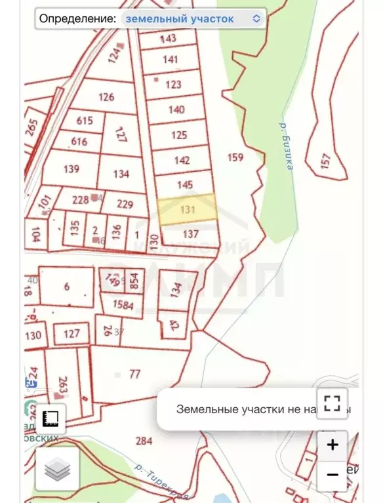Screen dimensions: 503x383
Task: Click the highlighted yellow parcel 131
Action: pyautogui.click(x=188, y=210)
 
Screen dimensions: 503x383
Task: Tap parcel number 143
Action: pyautogui.click(x=169, y=39)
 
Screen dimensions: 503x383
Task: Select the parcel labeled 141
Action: pyautogui.click(x=171, y=60)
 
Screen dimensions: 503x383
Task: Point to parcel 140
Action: pyautogui.click(x=176, y=110)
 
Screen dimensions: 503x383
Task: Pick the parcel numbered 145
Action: pyautogui.click(x=185, y=184)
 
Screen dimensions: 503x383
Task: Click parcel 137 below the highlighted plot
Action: pyautogui.click(x=190, y=234)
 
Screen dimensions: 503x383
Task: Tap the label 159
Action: pyautogui.click(x=235, y=157)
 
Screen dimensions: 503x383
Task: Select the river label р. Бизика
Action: pyautogui.click(x=285, y=145)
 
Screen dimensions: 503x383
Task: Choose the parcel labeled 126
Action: pyautogui.click(x=106, y=97)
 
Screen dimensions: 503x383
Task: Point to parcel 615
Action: pyautogui.click(x=85, y=121)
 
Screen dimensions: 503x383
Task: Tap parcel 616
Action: pyautogui.click(x=79, y=142)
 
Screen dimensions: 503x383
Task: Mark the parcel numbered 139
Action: pyautogui.click(x=71, y=169)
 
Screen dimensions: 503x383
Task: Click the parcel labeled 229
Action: pyautogui.click(x=125, y=204)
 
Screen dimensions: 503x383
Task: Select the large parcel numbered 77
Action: pyautogui.click(x=135, y=374)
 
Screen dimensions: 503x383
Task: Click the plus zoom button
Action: pyautogui.click(x=333, y=445)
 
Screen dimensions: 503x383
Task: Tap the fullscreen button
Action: pyautogui.click(x=332, y=402)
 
